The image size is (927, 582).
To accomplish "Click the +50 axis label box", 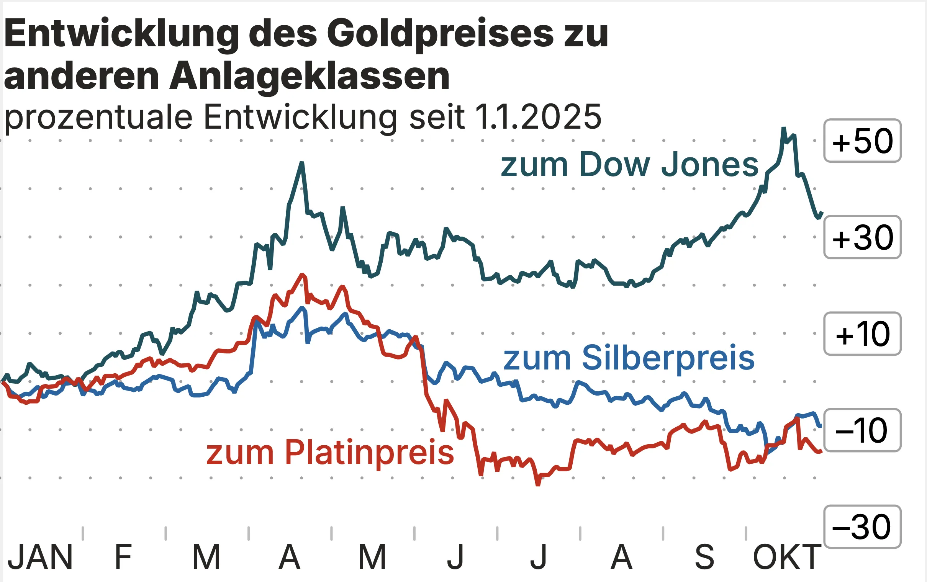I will tap(862, 141).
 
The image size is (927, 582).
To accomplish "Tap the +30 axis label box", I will tap(862, 237).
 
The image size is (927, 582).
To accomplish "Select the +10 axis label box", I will tap(862, 334).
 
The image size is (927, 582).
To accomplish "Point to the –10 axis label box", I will tap(862, 430).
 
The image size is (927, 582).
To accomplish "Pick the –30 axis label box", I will tap(862, 526).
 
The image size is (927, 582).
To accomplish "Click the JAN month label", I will tap(40, 557).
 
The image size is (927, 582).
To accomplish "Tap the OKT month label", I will tap(787, 557).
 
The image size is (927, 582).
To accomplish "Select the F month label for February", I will tap(123, 557).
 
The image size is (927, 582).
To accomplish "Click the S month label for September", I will tap(704, 557).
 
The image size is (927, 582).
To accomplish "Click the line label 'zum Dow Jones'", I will tap(629, 165).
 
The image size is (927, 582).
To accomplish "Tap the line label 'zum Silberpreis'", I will tap(629, 358).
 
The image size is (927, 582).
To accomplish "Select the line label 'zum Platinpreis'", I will tap(330, 453).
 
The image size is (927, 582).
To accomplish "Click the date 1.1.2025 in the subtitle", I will tap(538, 117).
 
